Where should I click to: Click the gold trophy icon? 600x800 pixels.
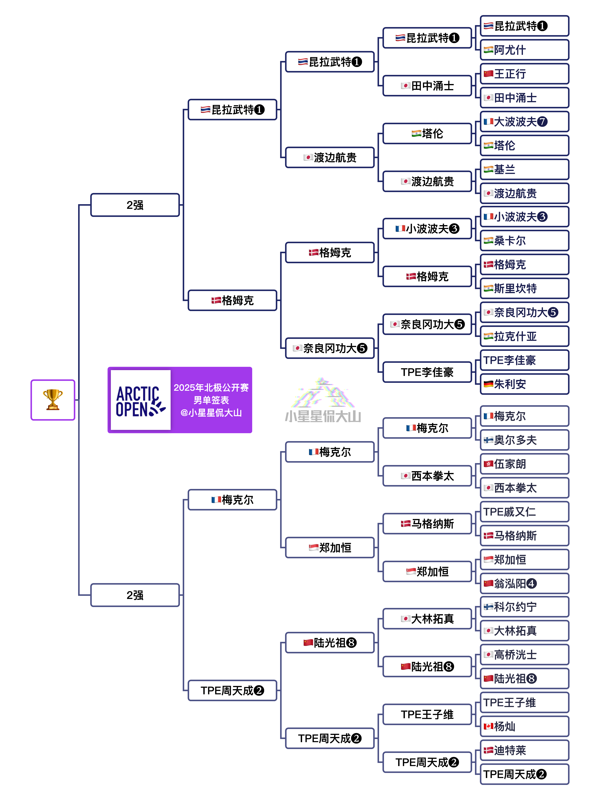53,400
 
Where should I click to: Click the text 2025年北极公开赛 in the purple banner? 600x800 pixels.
211,388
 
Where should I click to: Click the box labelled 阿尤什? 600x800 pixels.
524,50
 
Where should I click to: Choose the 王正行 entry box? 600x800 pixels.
524,74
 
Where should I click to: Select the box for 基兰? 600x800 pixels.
524,169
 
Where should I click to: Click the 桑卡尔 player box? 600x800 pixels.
524,241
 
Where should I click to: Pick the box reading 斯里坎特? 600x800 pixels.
524,288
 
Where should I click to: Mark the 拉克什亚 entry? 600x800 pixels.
524,336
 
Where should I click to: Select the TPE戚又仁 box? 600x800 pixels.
524,512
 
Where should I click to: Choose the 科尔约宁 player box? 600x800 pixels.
524,607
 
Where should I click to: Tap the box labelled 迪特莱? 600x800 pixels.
524,750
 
